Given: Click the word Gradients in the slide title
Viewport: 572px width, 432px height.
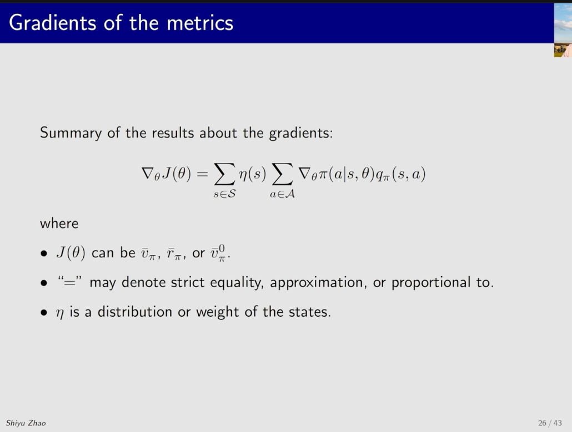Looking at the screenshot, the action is [53, 23].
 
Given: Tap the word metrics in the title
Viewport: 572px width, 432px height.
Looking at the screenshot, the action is [200, 23].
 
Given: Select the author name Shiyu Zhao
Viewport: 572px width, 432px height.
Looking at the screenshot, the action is [26, 423].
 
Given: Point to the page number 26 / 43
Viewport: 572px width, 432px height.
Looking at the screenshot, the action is [550, 423].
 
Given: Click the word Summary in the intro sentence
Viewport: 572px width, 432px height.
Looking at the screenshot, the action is [71, 133].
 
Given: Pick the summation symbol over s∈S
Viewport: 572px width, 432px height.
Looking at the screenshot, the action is [224, 174].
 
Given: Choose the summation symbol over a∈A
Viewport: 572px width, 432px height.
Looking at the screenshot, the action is [282, 174].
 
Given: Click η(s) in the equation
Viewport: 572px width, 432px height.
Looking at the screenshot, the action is [253, 174].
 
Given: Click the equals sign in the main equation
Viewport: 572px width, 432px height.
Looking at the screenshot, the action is [202, 174].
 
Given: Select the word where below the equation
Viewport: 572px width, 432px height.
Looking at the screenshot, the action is [59, 223].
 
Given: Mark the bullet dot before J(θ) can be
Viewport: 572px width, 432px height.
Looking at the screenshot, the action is [44, 253].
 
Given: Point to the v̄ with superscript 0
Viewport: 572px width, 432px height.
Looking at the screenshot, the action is [218, 253].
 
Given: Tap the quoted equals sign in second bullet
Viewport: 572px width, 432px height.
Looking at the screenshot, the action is [69, 282].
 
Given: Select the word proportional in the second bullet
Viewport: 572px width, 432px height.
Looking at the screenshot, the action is [431, 283].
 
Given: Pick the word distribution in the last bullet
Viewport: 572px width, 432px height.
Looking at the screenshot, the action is [134, 312].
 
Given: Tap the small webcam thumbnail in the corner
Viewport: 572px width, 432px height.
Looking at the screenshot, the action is [563, 31].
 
